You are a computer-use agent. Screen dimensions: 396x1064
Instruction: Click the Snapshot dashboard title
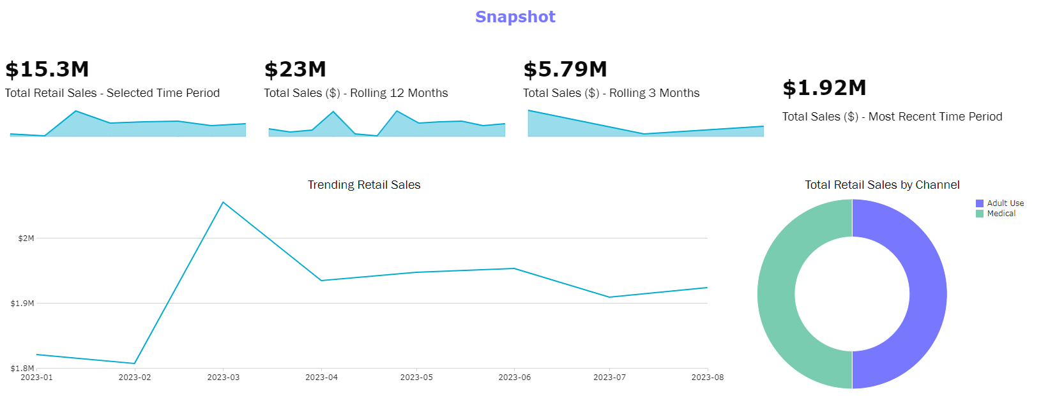pyautogui.click(x=515, y=17)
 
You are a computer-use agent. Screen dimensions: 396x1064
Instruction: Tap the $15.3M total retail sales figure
pyautogui.click(x=47, y=69)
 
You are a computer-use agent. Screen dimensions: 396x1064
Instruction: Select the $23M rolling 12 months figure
pyautogui.click(x=295, y=69)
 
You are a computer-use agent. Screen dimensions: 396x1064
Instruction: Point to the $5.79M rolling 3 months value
pyautogui.click(x=565, y=69)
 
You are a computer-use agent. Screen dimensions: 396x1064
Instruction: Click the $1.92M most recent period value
pyautogui.click(x=824, y=87)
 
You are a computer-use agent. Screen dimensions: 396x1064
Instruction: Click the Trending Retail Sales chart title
pyautogui.click(x=364, y=185)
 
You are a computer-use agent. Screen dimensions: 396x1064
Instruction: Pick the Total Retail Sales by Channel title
pyautogui.click(x=881, y=185)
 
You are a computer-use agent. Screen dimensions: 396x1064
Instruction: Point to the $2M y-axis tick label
pyautogui.click(x=26, y=238)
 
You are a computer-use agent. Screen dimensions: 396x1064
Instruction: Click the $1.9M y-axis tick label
pyautogui.click(x=22, y=304)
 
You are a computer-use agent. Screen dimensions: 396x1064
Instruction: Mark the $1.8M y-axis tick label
pyautogui.click(x=22, y=369)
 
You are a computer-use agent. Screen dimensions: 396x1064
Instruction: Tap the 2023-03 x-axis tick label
pyautogui.click(x=224, y=378)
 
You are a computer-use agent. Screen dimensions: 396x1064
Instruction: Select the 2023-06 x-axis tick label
pyautogui.click(x=515, y=378)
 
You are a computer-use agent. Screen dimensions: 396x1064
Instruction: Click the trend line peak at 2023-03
pyautogui.click(x=223, y=202)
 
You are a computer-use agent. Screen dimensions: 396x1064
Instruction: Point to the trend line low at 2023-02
pyautogui.click(x=135, y=363)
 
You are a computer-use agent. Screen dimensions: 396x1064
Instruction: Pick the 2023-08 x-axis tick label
pyautogui.click(x=707, y=378)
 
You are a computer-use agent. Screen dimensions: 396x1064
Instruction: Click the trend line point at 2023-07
pyautogui.click(x=609, y=297)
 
